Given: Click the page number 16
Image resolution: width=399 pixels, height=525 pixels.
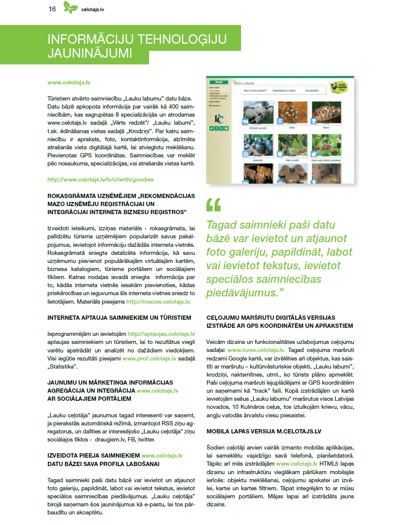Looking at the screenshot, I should pos(52,9).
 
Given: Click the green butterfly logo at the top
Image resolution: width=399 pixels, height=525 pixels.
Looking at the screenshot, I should pos(71,7).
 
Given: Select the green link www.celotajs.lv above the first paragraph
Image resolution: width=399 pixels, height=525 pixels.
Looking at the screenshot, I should pos(69,83).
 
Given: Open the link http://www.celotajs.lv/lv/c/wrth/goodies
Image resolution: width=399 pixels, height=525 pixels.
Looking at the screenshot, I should pos(100,180).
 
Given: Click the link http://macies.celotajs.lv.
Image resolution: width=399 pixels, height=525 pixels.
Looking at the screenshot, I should pos(158,302).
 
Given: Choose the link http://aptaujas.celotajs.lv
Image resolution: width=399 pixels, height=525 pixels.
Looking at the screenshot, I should pos(161,334).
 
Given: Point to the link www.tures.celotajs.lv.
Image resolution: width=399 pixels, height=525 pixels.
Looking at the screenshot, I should pos(256,350).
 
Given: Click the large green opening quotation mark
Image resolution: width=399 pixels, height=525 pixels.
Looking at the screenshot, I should pos(213,205).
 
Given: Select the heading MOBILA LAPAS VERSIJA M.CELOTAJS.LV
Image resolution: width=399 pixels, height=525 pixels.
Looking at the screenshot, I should pos(264,431).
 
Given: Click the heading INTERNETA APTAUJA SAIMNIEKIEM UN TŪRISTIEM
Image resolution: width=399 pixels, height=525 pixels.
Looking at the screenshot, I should pos(119,318).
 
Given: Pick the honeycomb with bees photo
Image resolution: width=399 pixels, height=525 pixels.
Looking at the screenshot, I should pos(292,112).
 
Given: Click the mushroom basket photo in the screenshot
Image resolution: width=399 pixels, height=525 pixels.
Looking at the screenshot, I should pos(326,112).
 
